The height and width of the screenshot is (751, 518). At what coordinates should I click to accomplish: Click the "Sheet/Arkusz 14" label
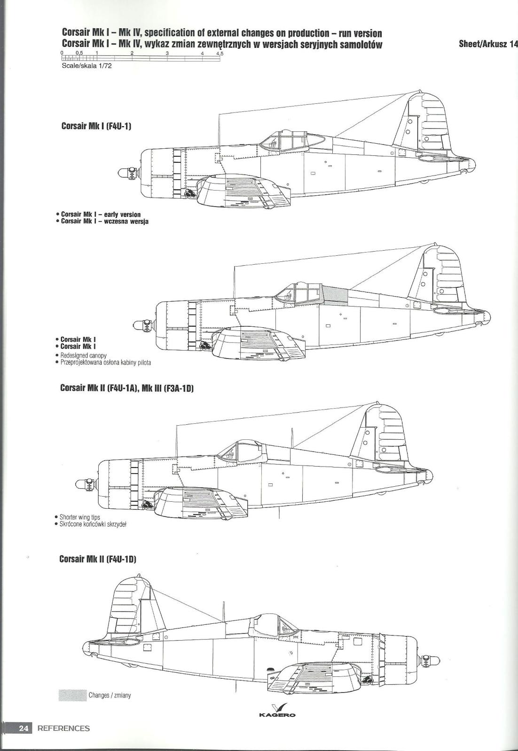click(488, 44)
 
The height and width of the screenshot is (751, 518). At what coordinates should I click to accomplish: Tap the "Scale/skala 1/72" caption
click(86, 66)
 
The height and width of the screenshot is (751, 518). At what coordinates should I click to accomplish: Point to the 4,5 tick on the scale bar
click(220, 57)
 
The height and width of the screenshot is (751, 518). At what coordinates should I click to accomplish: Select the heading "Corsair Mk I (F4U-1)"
click(96, 126)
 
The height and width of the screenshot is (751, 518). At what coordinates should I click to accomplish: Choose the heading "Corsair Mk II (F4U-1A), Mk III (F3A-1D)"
click(127, 388)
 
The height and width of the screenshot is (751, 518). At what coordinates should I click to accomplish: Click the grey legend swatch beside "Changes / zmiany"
click(72, 695)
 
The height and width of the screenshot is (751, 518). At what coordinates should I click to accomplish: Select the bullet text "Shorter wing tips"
click(77, 517)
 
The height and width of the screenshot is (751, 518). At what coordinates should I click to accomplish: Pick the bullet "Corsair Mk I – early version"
click(98, 214)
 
